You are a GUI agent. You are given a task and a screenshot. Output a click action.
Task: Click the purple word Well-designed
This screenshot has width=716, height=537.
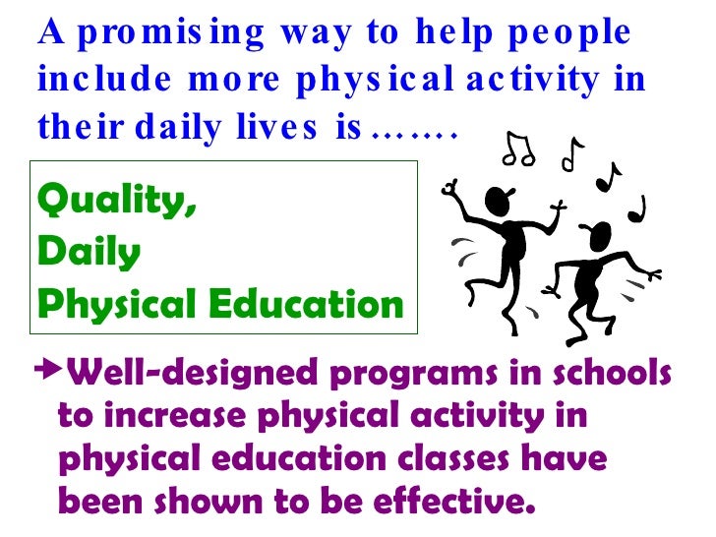point(188,375)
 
